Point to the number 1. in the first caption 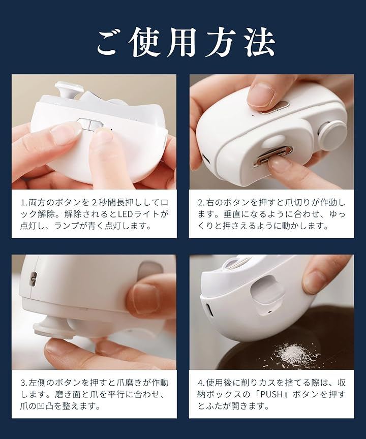24,202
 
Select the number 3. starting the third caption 24,383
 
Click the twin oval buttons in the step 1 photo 90,124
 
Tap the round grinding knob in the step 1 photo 68,90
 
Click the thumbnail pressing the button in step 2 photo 262,95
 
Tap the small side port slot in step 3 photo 34,279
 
